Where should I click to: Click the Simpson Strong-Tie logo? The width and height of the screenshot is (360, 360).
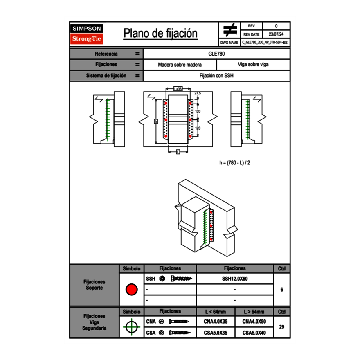[x=87, y=34]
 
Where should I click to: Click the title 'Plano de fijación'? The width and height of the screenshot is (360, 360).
[x=160, y=34]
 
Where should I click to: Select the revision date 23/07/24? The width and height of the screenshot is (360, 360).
[x=276, y=34]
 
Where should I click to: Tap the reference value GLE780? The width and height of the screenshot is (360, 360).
[x=217, y=54]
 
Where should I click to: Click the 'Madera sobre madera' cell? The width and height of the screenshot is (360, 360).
[x=180, y=65]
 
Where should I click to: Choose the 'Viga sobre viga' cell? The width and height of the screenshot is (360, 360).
[x=253, y=65]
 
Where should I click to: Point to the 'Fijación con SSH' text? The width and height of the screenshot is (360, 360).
[x=217, y=76]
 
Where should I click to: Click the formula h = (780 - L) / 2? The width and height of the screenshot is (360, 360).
[x=235, y=162]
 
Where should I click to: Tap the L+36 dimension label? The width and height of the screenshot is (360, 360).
[x=178, y=88]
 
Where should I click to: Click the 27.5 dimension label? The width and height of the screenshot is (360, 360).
[x=198, y=93]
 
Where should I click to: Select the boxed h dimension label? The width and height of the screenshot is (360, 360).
[x=156, y=121]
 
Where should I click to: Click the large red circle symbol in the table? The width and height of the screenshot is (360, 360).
[x=131, y=290]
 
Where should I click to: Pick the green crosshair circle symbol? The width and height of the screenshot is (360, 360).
[x=131, y=327]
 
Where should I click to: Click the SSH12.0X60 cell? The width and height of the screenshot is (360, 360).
[x=235, y=279]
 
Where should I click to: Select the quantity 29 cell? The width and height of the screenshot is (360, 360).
[x=281, y=327]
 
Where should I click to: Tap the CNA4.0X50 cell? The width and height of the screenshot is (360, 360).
[x=254, y=322]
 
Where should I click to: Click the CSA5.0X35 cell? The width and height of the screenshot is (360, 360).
[x=215, y=333]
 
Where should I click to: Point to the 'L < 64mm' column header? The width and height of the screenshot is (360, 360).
[x=215, y=312]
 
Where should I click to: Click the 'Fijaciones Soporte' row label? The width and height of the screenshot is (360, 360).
[x=94, y=285]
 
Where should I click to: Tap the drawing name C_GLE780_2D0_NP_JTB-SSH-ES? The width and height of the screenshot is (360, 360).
[x=265, y=42]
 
